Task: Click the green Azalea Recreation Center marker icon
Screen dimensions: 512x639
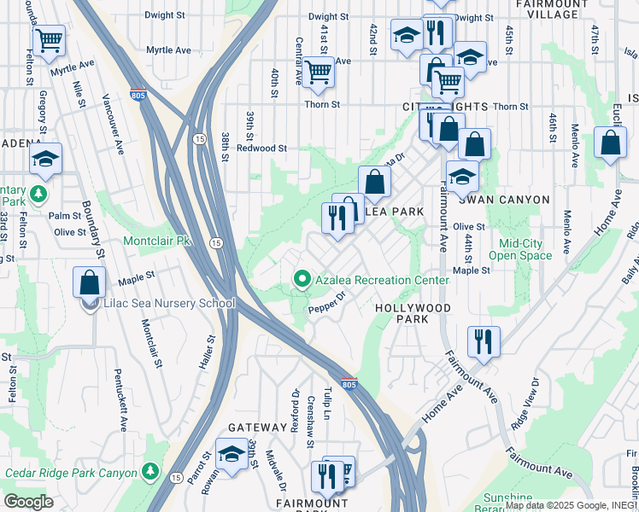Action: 301,279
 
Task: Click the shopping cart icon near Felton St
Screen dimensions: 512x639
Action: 49,39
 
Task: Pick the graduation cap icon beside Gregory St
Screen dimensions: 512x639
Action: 45,159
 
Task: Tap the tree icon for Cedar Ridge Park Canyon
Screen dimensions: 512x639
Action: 150,471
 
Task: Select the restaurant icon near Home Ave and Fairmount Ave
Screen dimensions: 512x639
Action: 484,341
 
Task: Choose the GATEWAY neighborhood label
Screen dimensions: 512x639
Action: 257,427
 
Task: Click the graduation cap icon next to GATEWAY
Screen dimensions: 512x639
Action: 231,453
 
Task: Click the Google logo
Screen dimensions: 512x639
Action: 27,502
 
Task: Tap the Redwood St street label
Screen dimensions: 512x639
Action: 261,148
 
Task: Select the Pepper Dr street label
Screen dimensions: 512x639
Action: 326,303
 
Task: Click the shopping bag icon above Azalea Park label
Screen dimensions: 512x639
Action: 374,182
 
